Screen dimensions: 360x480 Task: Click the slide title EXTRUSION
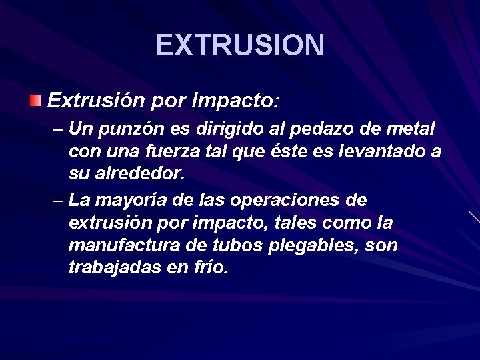240,45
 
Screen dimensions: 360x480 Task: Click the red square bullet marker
35,101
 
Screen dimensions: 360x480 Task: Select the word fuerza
175,151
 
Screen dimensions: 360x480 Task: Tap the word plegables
314,246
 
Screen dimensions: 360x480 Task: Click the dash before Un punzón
57,127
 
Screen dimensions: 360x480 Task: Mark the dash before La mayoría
57,199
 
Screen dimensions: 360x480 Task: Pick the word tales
293,222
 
